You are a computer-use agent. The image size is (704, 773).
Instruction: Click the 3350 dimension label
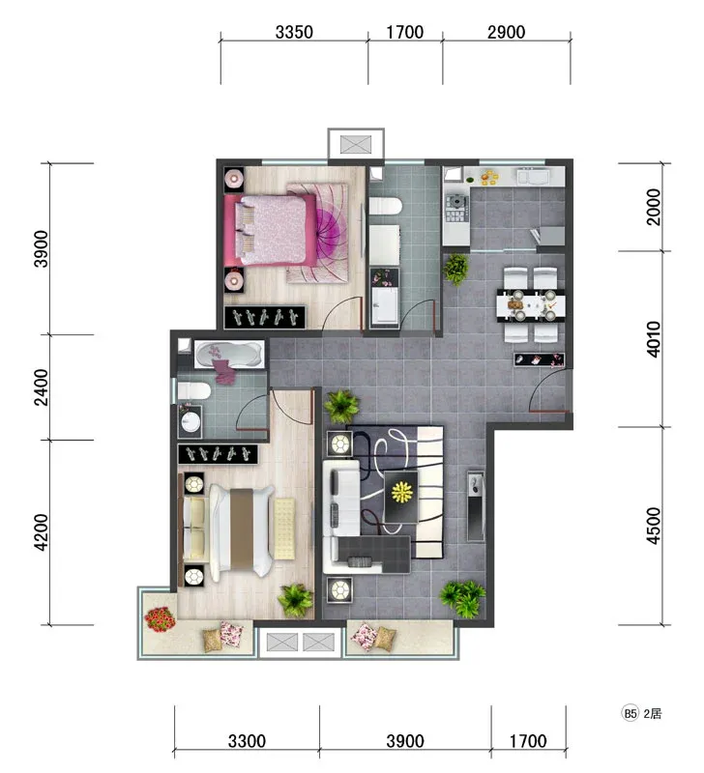[x=294, y=32]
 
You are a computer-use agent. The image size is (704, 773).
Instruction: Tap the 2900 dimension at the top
[x=506, y=32]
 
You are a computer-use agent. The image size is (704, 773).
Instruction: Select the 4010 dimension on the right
[x=653, y=339]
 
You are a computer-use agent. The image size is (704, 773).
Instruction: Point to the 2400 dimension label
[x=42, y=387]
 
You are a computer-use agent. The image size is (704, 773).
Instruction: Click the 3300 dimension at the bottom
[x=247, y=741]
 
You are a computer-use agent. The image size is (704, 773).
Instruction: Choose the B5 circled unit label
[x=630, y=713]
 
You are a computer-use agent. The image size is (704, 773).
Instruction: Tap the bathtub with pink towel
[x=229, y=354]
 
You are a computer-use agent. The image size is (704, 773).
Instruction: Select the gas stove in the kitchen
[x=456, y=208]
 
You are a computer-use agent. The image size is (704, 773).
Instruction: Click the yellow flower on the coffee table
[x=401, y=492]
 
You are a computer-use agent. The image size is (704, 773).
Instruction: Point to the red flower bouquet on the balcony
[x=160, y=619]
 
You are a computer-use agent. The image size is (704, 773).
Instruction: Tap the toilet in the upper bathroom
[x=385, y=206]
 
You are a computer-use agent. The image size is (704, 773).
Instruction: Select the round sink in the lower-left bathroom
[x=191, y=422]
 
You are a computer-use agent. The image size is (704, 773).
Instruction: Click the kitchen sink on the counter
[x=533, y=176]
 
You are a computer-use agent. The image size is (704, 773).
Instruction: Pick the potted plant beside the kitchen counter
[x=456, y=269]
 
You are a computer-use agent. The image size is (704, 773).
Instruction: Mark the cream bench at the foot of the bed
[x=284, y=529]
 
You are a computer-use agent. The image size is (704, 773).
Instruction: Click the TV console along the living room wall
[x=476, y=506]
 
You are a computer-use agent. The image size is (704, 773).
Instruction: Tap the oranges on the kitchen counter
[x=489, y=177]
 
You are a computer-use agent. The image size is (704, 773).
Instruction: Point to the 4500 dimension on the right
[x=653, y=526]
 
